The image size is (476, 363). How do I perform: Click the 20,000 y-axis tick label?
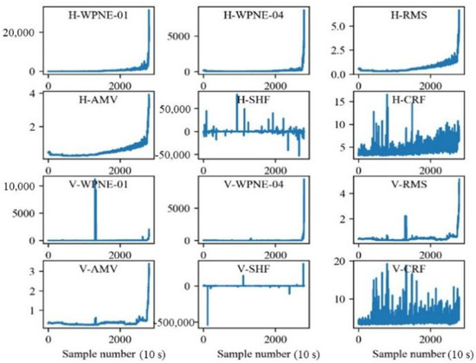point(19,32)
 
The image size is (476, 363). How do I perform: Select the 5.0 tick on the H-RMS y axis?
point(320,26)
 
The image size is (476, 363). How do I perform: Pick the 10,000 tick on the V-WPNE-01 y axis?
point(19,186)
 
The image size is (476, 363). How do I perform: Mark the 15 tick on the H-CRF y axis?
point(322,101)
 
